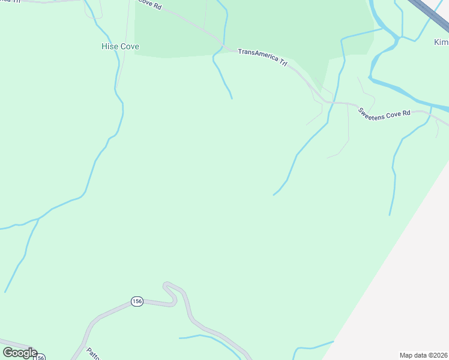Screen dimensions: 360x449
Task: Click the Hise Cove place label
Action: click(x=120, y=46)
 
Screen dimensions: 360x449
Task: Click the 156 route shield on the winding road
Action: click(x=137, y=301)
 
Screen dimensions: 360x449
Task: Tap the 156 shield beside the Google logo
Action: click(x=40, y=357)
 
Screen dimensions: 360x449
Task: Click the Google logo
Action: click(x=20, y=353)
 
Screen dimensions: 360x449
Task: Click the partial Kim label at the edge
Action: click(x=441, y=43)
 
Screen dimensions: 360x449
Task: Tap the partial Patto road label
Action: click(x=92, y=353)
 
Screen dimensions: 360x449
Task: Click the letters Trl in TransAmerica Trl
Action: click(x=282, y=62)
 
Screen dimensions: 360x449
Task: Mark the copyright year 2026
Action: click(x=439, y=355)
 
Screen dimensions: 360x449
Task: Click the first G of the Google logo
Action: click(x=8, y=353)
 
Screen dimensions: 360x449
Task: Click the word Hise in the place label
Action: click(x=109, y=46)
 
